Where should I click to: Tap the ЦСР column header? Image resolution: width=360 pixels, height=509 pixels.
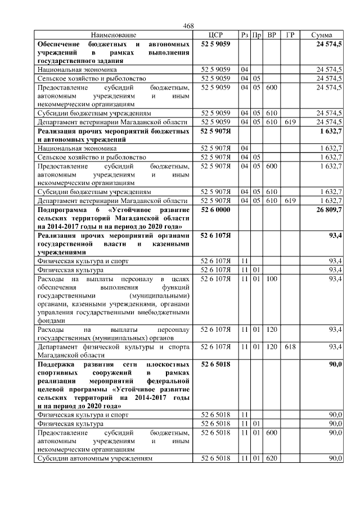[x=216, y=35]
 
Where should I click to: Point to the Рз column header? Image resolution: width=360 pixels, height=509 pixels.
[x=245, y=35]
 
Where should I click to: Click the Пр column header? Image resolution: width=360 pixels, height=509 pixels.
[x=256, y=35]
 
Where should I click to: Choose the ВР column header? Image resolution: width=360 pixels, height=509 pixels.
[x=272, y=35]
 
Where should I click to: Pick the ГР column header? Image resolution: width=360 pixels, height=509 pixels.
[x=290, y=35]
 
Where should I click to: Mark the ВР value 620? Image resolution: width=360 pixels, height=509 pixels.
[x=272, y=458]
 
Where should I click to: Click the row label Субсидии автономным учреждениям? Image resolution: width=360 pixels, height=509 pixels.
[x=94, y=458]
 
